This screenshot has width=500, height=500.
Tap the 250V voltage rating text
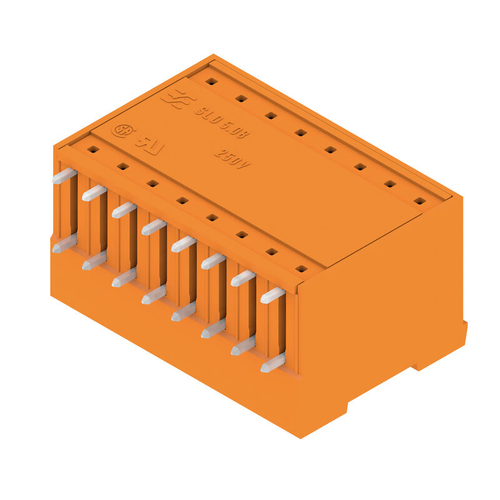point(232,158)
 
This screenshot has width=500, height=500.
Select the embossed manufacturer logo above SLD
point(174,99)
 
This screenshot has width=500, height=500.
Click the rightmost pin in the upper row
point(272,295)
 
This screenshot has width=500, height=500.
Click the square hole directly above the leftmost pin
point(93,149)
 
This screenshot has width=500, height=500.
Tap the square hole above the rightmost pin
point(301,269)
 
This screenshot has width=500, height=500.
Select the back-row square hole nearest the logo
point(211,81)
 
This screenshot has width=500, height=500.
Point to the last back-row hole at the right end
point(419,201)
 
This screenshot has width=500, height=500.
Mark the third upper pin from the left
point(124,210)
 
